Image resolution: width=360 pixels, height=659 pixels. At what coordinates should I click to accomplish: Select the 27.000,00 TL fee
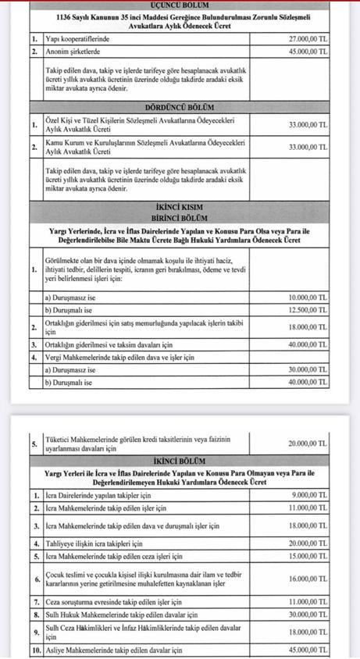pyautogui.click(x=308, y=37)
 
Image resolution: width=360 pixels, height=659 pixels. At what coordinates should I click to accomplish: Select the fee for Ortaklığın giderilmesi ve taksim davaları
pyautogui.click(x=308, y=344)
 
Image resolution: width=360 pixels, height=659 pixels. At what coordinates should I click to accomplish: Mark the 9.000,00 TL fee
pyautogui.click(x=309, y=495)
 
